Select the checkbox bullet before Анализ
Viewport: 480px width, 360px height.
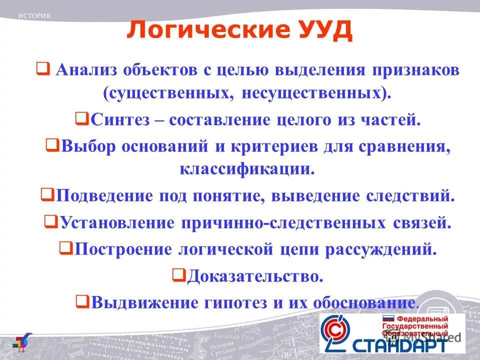(42, 69)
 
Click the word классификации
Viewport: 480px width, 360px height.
(247, 168)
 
